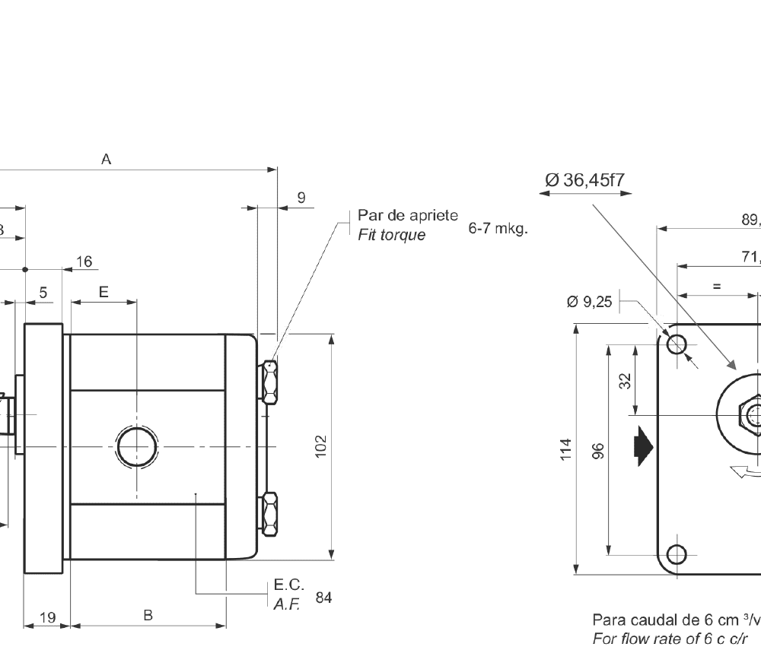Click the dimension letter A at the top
coord(107,160)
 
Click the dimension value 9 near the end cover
coord(301,198)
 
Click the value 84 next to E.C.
coord(323,598)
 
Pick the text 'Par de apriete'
coord(408,215)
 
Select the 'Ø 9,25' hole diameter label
coord(589,302)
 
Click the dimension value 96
coord(598,449)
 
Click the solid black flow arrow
coord(643,445)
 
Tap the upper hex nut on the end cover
coord(269,383)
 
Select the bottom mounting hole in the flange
coord(677,553)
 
